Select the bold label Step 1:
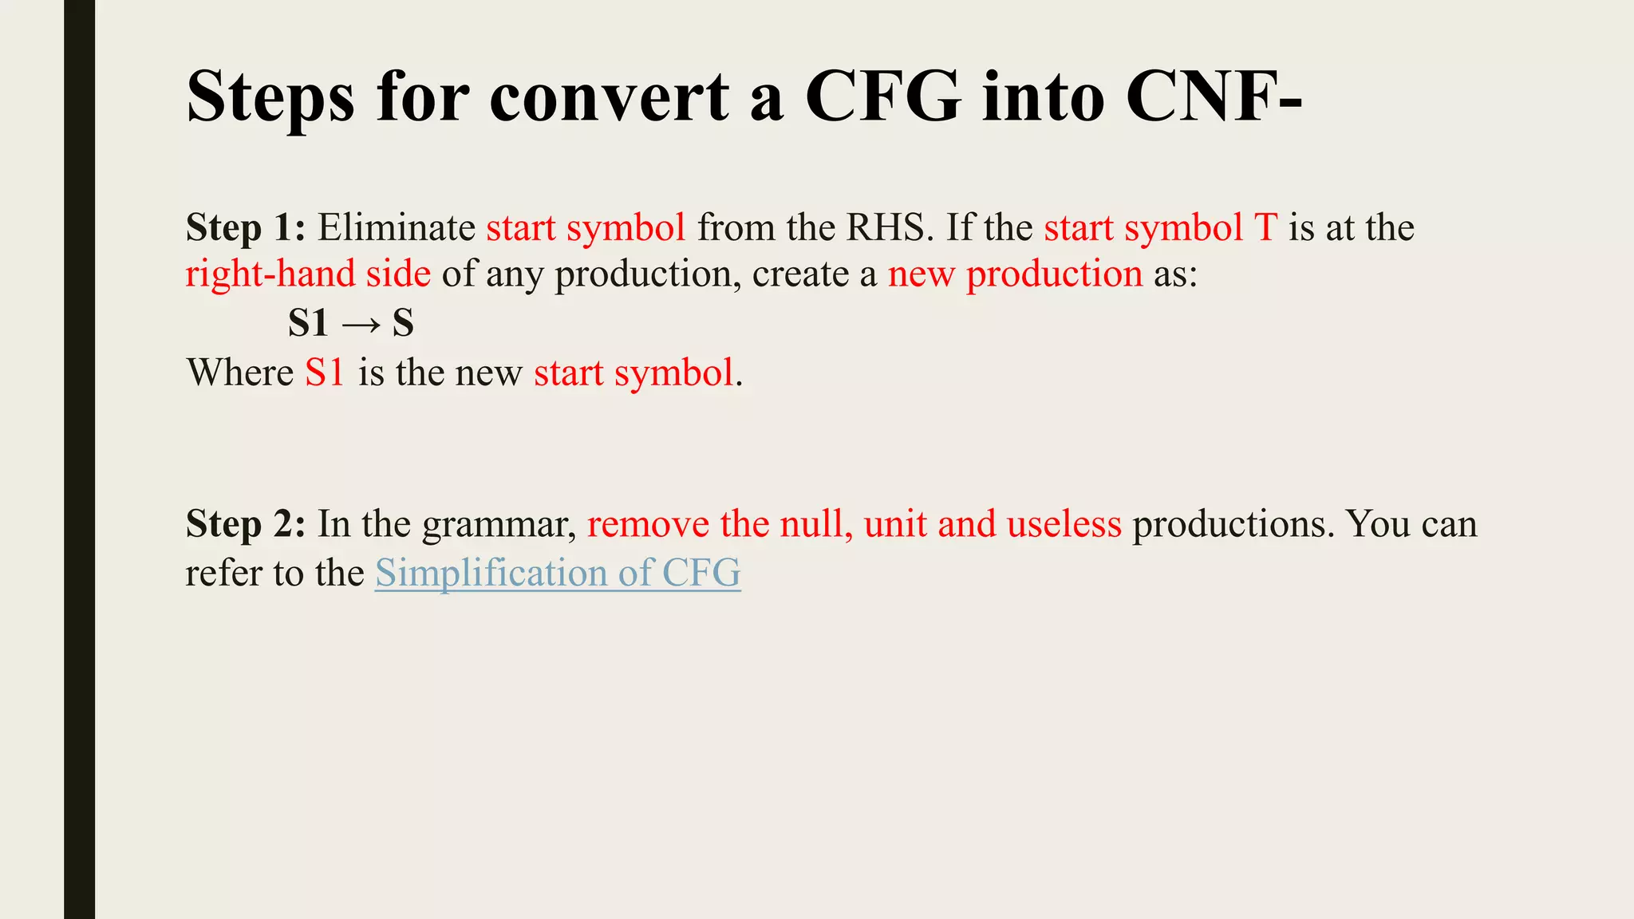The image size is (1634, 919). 246,228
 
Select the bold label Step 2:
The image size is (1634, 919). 246,525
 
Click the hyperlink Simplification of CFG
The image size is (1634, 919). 558,574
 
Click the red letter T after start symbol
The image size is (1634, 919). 1265,228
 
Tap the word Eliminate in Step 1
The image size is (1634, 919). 397,228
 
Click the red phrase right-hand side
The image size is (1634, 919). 308,274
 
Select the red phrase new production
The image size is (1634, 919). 1015,274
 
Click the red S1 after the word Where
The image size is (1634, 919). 324,373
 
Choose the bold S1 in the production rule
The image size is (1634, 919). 308,324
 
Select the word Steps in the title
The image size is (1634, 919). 270,97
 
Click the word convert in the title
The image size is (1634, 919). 609,97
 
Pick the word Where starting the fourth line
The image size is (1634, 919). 240,373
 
